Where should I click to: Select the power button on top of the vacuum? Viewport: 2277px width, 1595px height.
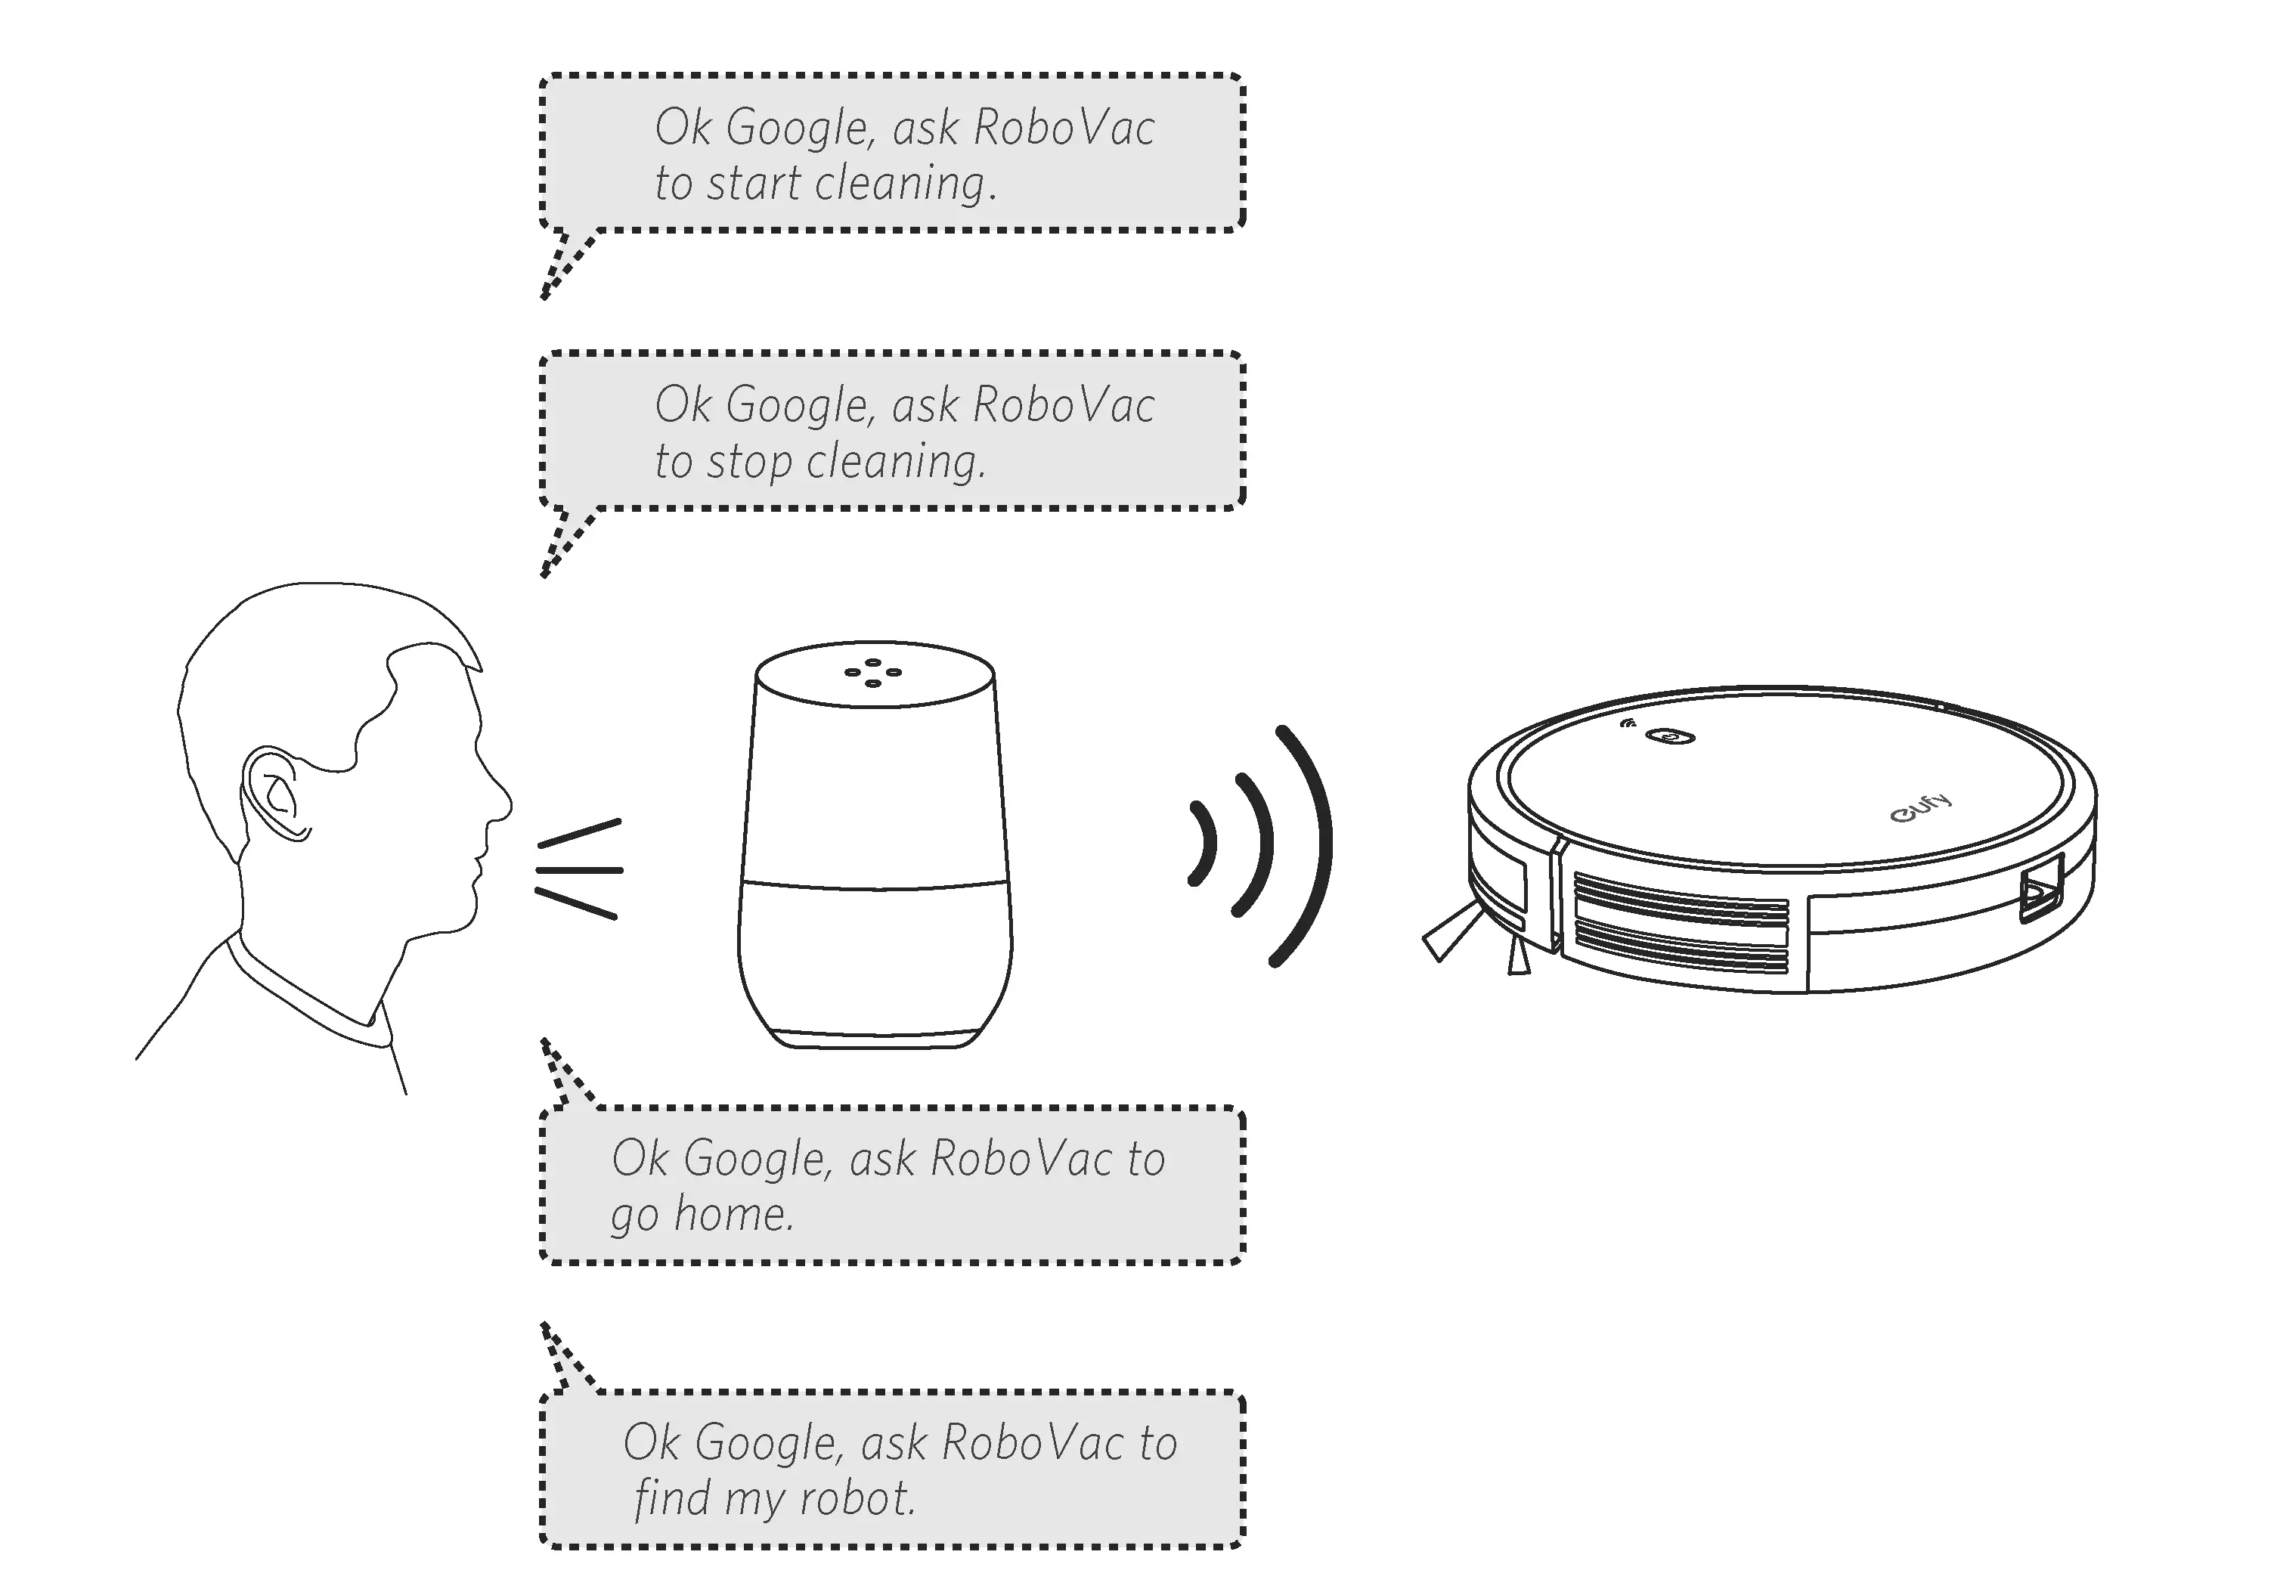(1670, 736)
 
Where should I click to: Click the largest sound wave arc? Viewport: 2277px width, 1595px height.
(1307, 844)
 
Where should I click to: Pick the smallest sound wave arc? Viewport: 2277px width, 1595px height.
(1204, 843)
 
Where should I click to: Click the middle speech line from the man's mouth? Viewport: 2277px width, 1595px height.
(579, 870)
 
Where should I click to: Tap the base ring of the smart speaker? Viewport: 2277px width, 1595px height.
(875, 1039)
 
